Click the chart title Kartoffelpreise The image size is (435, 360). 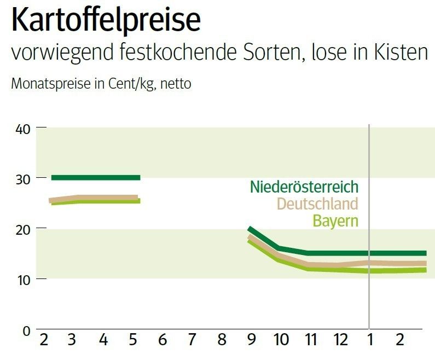point(106,20)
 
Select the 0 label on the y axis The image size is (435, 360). point(25,329)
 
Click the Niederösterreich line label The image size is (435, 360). point(304,187)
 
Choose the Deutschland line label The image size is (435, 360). point(317,204)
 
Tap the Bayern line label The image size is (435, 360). point(335,221)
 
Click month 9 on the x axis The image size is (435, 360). point(251,340)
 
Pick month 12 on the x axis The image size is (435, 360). point(340,340)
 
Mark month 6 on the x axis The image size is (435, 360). point(162,340)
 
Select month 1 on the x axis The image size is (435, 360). point(370,340)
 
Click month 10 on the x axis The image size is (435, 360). point(281,340)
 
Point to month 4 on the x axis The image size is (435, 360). point(103,340)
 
